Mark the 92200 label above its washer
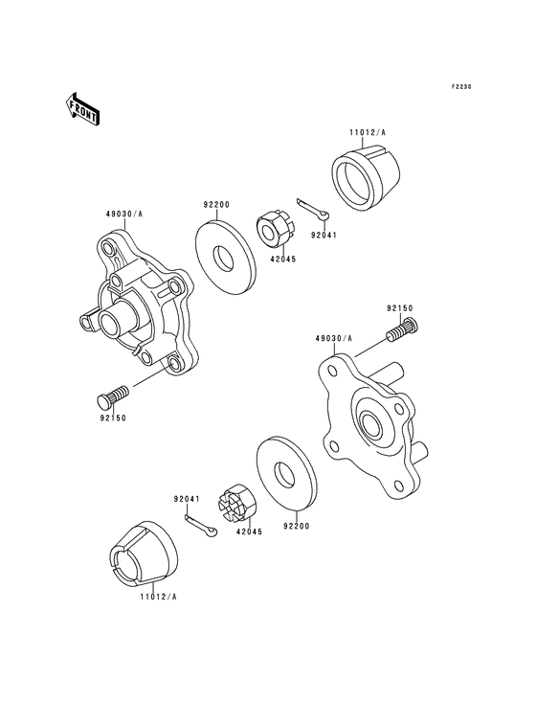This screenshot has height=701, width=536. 216,205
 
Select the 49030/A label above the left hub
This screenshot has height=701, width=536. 123,215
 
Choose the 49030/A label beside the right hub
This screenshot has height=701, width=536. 333,339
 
